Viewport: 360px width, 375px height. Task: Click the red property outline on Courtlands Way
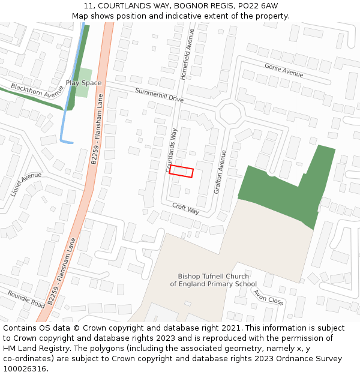pyautogui.click(x=181, y=172)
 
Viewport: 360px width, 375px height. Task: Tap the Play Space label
pyautogui.click(x=83, y=83)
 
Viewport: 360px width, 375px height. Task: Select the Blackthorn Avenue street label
pyautogui.click(x=37, y=91)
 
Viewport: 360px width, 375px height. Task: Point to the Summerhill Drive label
pyautogui.click(x=159, y=95)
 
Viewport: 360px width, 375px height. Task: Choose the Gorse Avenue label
pyautogui.click(x=284, y=70)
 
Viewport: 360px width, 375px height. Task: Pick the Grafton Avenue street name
pyautogui.click(x=220, y=172)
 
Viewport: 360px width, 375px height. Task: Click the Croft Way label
pyautogui.click(x=185, y=208)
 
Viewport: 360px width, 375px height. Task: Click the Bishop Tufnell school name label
pyautogui.click(x=213, y=280)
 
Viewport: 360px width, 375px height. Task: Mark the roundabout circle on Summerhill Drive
pyautogui.click(x=229, y=113)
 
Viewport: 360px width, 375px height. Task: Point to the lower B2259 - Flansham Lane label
pyautogui.click(x=62, y=272)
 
